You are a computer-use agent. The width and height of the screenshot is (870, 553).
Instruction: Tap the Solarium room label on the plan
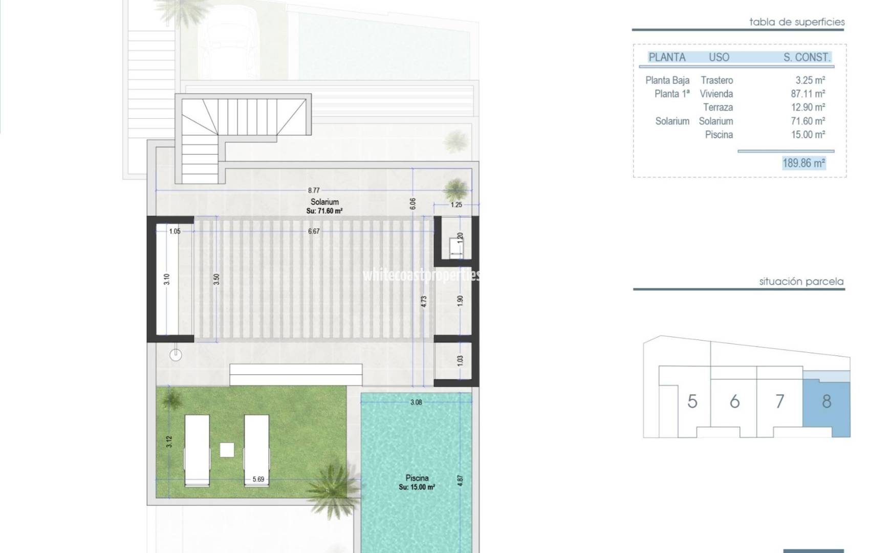click(324, 202)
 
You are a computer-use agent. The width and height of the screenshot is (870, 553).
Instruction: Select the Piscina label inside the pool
click(417, 478)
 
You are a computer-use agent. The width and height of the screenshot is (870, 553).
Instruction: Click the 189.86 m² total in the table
click(803, 163)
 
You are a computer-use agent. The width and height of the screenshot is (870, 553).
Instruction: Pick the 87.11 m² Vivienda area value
click(808, 94)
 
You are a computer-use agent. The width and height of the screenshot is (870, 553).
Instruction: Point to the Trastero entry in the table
click(716, 80)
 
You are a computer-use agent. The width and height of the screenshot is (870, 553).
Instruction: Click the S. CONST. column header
click(807, 57)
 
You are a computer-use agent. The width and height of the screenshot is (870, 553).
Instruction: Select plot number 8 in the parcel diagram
click(826, 401)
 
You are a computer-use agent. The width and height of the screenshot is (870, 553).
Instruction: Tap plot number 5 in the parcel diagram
click(692, 401)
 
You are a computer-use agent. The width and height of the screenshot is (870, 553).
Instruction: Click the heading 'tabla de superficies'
click(796, 22)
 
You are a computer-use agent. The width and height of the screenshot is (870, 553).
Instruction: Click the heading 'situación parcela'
click(801, 282)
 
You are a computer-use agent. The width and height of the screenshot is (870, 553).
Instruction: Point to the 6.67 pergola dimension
click(314, 231)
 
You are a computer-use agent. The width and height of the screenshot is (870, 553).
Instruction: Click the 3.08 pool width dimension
click(416, 402)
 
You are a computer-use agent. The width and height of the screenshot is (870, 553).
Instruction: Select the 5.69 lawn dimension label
click(258, 479)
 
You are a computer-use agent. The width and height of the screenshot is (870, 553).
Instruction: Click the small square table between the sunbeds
click(227, 450)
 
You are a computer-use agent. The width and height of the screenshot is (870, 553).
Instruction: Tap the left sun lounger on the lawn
click(197, 450)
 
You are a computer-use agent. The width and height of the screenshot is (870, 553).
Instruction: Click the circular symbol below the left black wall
click(176, 354)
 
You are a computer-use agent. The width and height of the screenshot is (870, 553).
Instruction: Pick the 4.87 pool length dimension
click(460, 481)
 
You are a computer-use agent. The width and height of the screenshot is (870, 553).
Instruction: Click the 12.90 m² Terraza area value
click(808, 108)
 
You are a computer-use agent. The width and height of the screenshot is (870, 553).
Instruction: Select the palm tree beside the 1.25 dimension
click(455, 189)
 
